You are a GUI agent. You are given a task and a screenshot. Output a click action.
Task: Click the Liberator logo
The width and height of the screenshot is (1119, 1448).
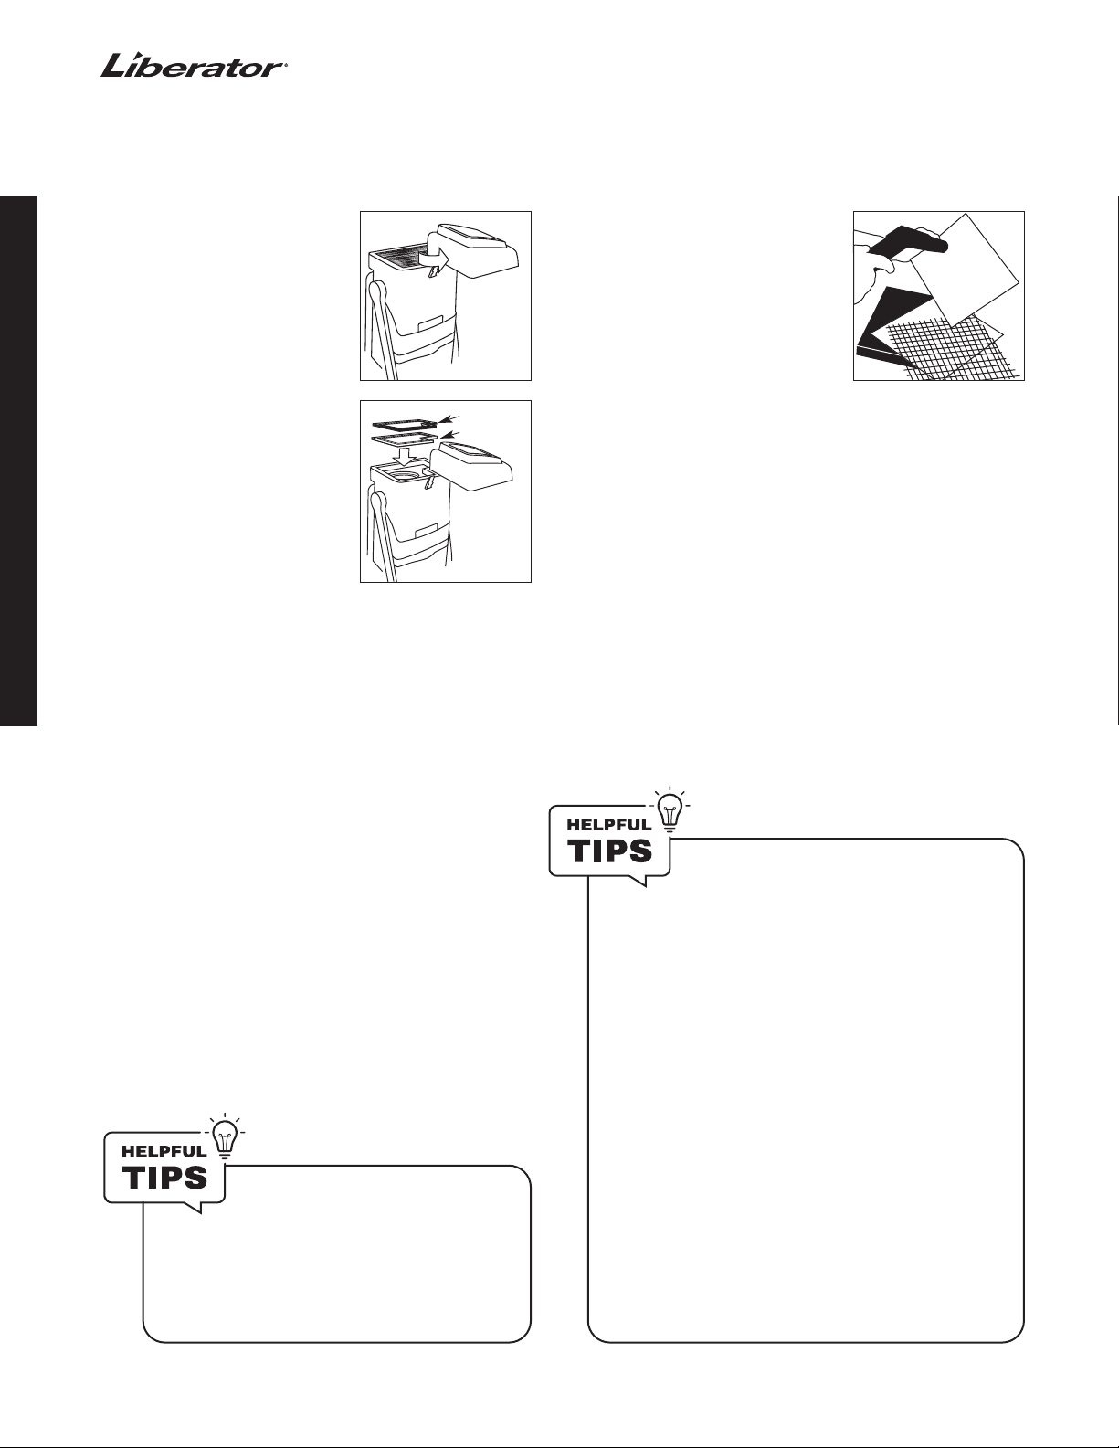pos(194,67)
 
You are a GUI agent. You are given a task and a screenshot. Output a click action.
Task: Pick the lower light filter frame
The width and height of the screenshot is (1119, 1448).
pos(405,439)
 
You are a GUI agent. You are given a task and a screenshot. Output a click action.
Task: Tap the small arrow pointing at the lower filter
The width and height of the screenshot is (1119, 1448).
pos(451,435)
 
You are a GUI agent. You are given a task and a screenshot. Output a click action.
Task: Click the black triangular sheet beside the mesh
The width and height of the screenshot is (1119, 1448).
pos(893,320)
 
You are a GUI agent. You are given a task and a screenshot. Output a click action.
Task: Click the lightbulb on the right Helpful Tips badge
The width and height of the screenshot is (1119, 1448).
pos(670,809)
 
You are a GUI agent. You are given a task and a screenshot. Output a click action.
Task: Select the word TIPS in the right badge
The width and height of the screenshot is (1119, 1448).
pos(610,851)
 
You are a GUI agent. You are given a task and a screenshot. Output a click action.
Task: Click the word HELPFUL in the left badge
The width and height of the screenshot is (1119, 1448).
pos(164,1151)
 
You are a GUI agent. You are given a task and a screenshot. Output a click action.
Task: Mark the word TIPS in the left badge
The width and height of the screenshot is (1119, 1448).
pos(165,1178)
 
